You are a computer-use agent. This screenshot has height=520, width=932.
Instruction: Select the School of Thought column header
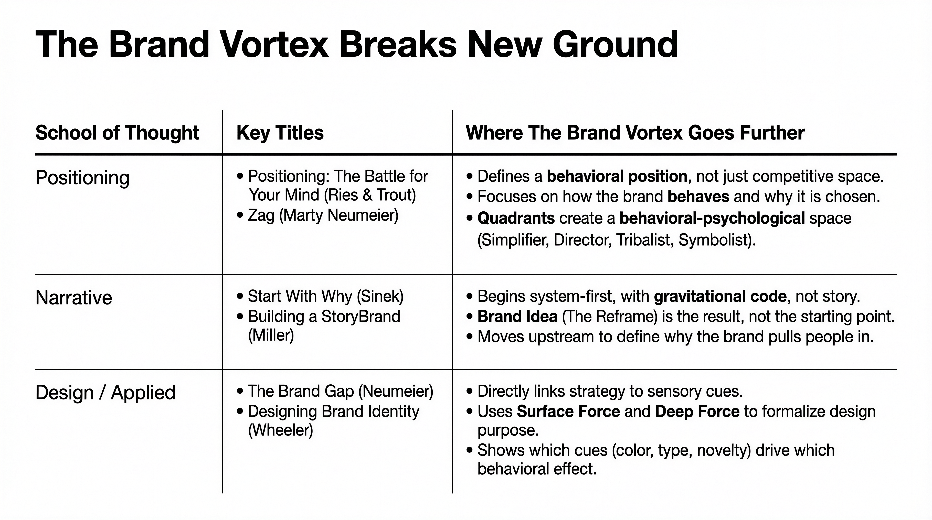tap(117, 133)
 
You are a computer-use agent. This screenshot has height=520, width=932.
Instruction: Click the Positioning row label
tap(82, 178)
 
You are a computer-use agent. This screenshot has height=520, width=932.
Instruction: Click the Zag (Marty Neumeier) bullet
tap(318, 215)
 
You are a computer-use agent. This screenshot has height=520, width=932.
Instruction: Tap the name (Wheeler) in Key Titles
tap(280, 430)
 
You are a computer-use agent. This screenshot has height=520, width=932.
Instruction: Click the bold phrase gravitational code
tap(720, 297)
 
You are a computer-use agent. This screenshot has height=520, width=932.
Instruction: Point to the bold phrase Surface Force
tap(568, 411)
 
